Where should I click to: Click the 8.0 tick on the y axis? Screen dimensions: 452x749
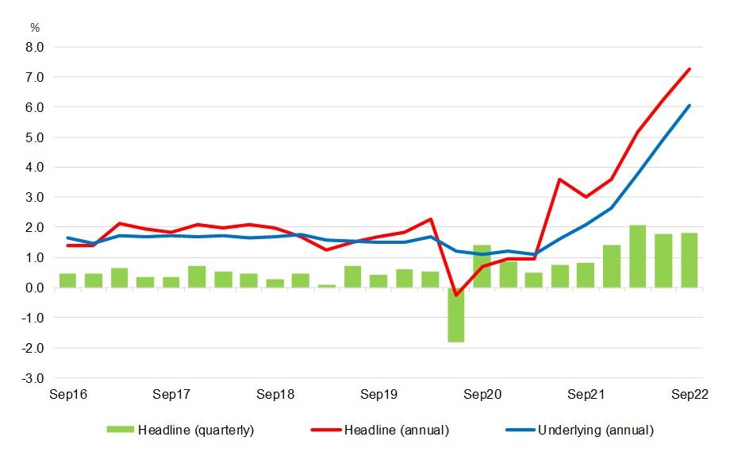click(33, 47)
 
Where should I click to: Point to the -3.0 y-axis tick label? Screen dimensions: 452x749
click(32, 378)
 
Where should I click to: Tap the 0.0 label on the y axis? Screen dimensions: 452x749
click(33, 288)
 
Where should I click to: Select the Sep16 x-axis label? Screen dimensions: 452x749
click(67, 394)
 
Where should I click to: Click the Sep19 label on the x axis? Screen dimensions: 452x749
click(378, 394)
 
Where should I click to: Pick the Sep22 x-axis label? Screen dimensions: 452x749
click(689, 394)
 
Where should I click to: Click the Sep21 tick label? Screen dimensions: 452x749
click(586, 394)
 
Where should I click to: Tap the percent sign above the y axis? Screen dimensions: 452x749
click(34, 28)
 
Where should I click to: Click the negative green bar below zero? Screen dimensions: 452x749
click(456, 315)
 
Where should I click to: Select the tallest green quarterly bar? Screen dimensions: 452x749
click(637, 257)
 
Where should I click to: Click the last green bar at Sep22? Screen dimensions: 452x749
click(689, 261)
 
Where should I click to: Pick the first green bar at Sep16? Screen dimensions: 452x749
click(67, 280)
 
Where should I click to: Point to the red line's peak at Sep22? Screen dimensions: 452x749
click(689, 69)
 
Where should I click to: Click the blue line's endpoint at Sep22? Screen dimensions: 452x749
click(689, 106)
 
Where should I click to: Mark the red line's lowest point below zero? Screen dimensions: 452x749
click(456, 295)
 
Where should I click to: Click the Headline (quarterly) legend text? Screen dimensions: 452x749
click(196, 431)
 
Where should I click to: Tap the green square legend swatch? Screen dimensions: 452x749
click(121, 431)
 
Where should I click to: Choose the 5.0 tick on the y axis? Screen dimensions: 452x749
click(33, 137)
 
